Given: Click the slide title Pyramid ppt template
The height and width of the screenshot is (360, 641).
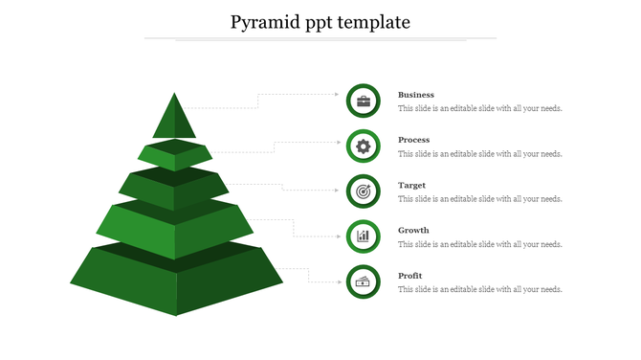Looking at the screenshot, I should pyautogui.click(x=320, y=21).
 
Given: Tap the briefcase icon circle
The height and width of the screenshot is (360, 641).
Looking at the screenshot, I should pyautogui.click(x=364, y=101).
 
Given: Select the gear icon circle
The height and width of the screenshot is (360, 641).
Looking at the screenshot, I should pyautogui.click(x=364, y=146).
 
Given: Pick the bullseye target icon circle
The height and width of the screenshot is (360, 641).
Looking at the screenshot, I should pyautogui.click(x=364, y=191).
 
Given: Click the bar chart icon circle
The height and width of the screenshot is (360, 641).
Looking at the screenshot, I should pyautogui.click(x=364, y=236).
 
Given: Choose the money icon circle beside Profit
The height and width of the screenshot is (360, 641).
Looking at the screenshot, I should pyautogui.click(x=364, y=281).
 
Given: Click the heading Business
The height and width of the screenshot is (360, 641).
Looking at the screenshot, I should pyautogui.click(x=416, y=95).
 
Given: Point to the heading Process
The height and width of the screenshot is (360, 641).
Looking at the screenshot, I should pyautogui.click(x=414, y=140).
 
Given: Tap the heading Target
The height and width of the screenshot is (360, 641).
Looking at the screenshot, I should pyautogui.click(x=412, y=185).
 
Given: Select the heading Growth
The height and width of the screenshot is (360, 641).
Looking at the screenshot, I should pyautogui.click(x=414, y=230).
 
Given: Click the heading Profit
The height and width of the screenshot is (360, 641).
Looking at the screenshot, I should pyautogui.click(x=410, y=276).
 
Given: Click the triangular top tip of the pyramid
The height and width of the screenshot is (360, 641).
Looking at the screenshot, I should pyautogui.click(x=174, y=121).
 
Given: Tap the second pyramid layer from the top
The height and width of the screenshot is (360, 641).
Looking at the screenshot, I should pyautogui.click(x=174, y=156).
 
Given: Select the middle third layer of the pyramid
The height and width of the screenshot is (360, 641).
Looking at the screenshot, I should pyautogui.click(x=174, y=191).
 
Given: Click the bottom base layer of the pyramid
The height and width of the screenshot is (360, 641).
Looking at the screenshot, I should pyautogui.click(x=177, y=282).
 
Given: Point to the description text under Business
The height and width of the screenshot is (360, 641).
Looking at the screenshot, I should pyautogui.click(x=480, y=109).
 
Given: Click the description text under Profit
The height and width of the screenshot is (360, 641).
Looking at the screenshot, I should pyautogui.click(x=480, y=290).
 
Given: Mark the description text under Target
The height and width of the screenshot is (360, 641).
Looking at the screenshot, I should pyautogui.click(x=480, y=199).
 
